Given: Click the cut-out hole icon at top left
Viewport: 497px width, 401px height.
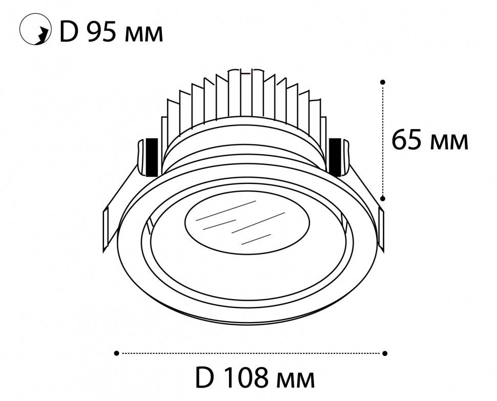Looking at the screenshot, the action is [x=35, y=29].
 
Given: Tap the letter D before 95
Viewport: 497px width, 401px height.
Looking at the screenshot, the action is [x=69, y=32].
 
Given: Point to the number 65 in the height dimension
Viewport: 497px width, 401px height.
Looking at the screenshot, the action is [x=408, y=140].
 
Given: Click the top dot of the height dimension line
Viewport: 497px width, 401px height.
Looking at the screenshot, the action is [x=383, y=82].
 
